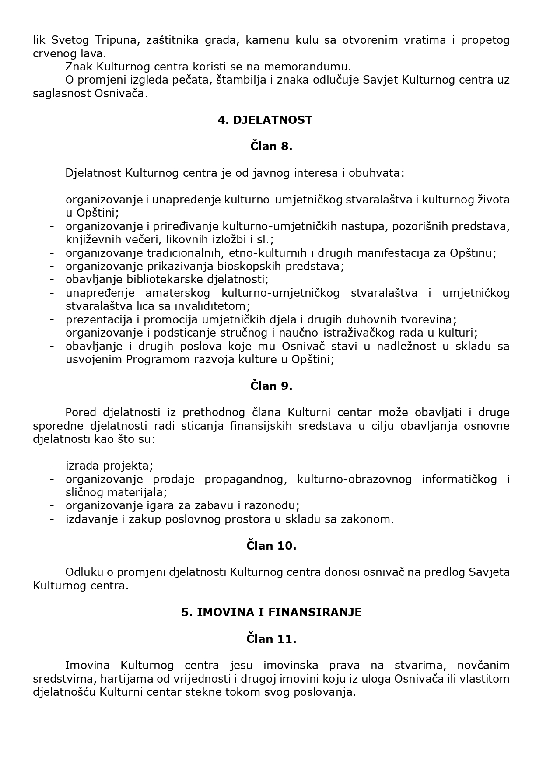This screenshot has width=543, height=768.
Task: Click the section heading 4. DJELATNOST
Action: coord(265,120)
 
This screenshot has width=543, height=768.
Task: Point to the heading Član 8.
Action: coord(271,147)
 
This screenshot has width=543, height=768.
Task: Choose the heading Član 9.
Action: coord(271,386)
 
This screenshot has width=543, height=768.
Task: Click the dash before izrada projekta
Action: coord(52,466)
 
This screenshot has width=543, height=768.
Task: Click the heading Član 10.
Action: coord(271,546)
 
